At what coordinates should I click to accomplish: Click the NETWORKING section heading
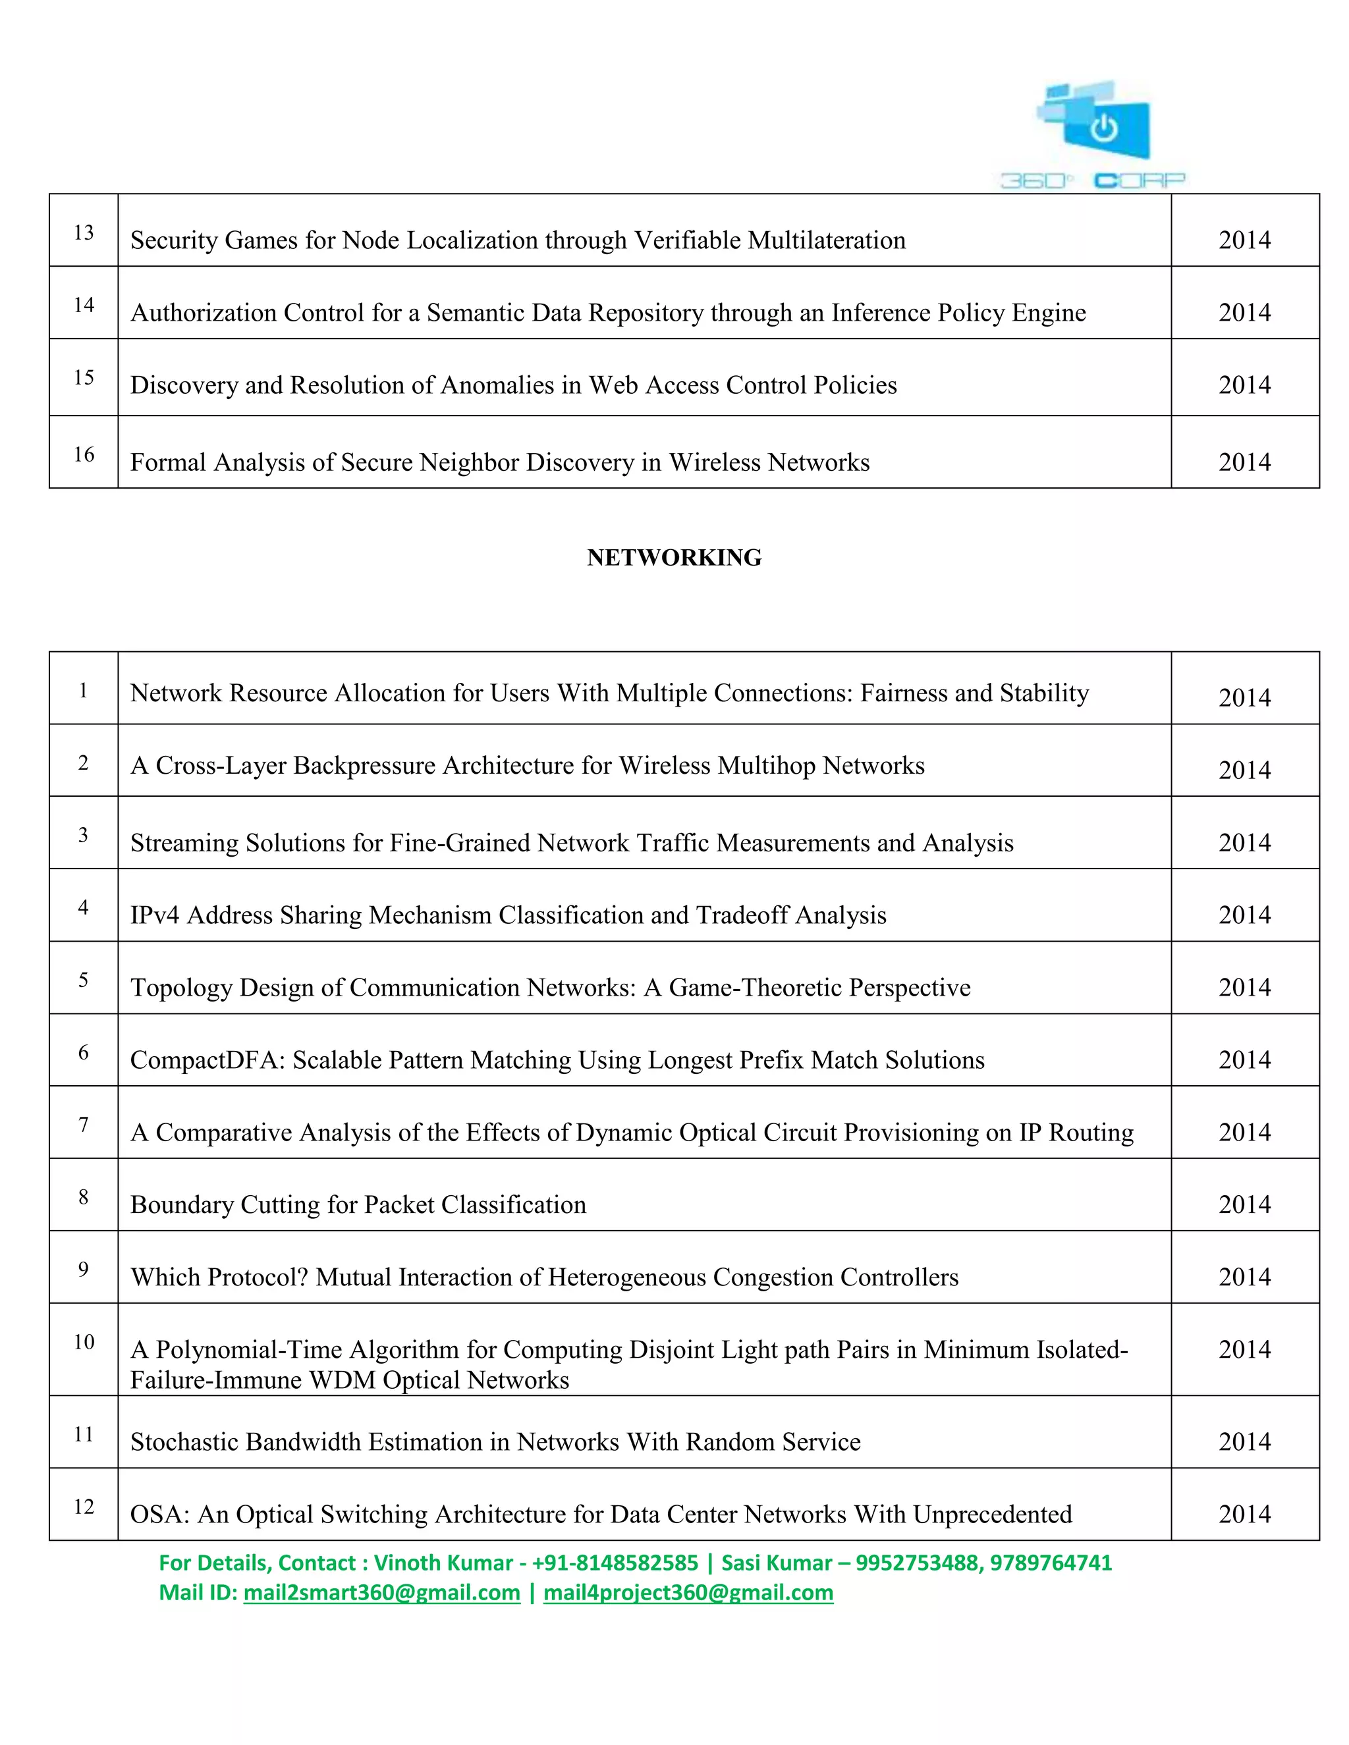coord(674,557)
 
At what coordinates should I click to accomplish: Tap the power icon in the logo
coord(1104,127)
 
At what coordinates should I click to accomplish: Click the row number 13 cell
coord(84,232)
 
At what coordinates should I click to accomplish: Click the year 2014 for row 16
coord(1244,462)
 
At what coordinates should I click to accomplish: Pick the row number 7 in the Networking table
coord(83,1124)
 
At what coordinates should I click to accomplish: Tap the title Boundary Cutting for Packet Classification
coord(358,1205)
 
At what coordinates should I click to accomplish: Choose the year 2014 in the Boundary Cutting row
coord(1244,1205)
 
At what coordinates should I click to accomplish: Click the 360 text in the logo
coord(1034,181)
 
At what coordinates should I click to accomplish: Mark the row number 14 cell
coord(84,304)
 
